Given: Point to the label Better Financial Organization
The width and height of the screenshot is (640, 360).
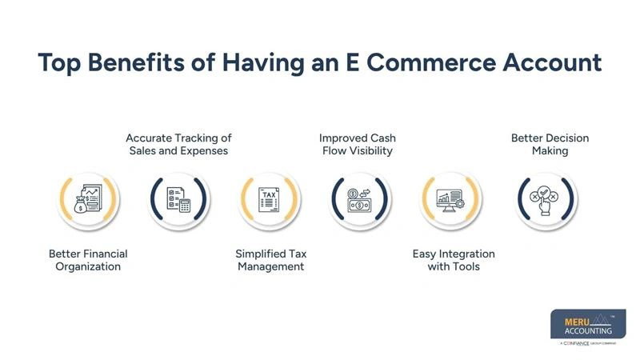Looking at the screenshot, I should coord(88,260).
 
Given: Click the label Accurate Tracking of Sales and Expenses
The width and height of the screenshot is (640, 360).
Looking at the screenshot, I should coord(178,144).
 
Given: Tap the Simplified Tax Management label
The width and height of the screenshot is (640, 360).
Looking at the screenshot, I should coord(270,260).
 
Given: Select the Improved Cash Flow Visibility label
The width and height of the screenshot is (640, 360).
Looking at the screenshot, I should coord(358,144).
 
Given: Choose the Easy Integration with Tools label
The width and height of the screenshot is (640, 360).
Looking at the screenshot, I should coord(454,260).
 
